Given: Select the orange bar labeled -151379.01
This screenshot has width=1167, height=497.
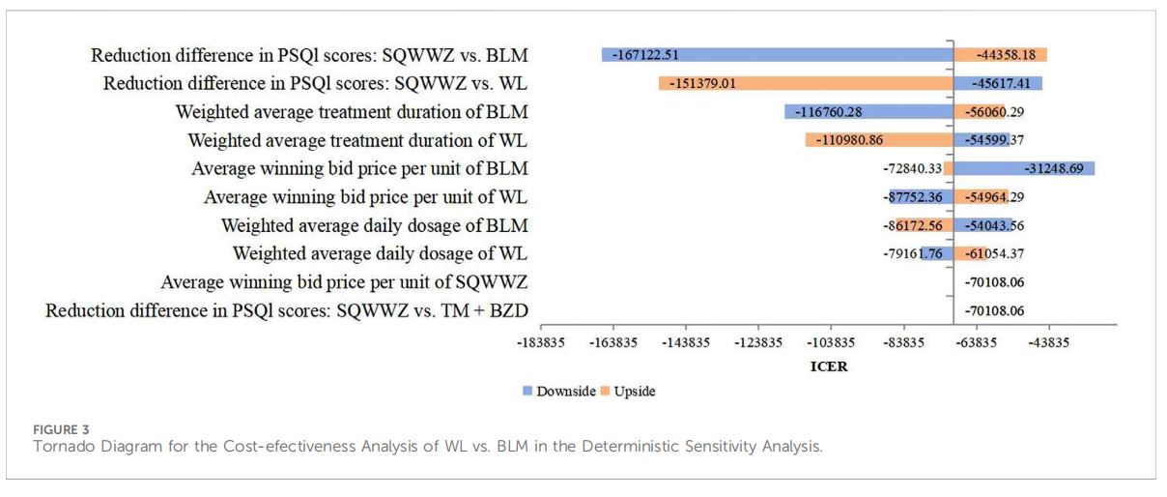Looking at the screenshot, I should click(806, 83).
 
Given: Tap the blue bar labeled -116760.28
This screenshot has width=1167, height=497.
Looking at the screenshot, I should click(868, 111).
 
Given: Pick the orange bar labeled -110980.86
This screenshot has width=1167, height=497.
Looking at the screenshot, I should click(879, 140).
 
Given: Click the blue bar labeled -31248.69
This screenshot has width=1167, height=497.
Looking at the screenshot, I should click(1024, 168).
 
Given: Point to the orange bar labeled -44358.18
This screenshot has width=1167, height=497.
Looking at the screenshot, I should click(1001, 55).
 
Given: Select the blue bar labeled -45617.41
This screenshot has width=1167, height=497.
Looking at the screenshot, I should click(998, 83).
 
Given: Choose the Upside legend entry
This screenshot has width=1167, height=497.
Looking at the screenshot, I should click(628, 392).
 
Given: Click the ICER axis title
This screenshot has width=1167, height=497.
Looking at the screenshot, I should click(828, 367).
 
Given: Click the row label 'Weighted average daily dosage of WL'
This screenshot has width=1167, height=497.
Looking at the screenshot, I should click(380, 253).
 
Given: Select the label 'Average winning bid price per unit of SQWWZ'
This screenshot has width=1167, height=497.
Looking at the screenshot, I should click(344, 282).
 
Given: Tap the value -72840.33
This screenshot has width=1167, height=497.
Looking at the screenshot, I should click(912, 168).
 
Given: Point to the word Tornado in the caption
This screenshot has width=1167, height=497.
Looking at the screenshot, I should click(61, 447).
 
